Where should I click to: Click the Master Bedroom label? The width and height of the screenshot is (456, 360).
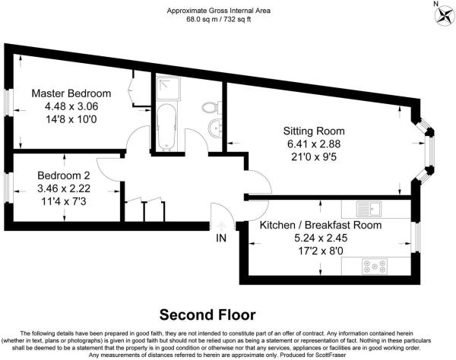(x=71, y=93)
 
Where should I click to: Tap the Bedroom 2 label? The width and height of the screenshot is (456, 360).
(x=64, y=175)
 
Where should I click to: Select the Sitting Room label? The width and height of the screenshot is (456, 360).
(x=314, y=131)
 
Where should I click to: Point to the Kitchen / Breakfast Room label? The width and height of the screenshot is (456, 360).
(x=321, y=225)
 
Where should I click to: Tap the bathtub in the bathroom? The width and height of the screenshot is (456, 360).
(x=166, y=127)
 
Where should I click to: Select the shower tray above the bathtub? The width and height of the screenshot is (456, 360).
(x=168, y=88)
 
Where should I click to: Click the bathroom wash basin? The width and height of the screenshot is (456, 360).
(x=216, y=128)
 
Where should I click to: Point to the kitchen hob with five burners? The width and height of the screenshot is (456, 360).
(x=375, y=267)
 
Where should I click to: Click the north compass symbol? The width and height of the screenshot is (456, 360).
(x=444, y=14)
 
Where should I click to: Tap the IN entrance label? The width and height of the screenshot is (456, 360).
(x=221, y=238)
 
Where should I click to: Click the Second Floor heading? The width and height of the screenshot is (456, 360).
(x=207, y=315)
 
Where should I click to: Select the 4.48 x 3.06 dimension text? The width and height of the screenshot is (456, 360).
(x=71, y=106)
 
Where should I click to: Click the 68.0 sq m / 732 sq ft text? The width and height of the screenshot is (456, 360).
(x=218, y=20)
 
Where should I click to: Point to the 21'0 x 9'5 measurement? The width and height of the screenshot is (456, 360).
(x=314, y=157)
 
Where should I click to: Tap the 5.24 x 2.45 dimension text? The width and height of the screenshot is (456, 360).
(x=321, y=238)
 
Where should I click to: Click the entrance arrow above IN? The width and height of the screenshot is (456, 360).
(x=221, y=226)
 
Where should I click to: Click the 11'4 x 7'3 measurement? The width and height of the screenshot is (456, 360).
(x=64, y=201)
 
